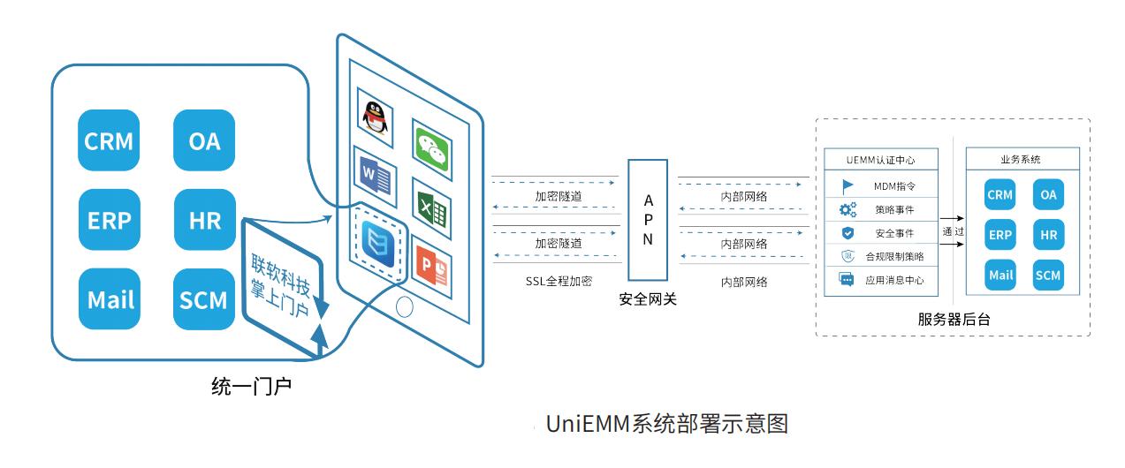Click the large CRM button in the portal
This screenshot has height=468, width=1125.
pyautogui.click(x=109, y=140)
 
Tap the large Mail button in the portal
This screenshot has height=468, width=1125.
pyautogui.click(x=110, y=299)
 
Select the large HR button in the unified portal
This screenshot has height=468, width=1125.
pyautogui.click(x=205, y=220)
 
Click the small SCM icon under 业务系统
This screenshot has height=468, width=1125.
pyautogui.click(x=1048, y=275)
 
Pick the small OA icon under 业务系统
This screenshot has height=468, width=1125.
pyautogui.click(x=1048, y=194)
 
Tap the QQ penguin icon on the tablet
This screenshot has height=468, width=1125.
pyautogui.click(x=376, y=117)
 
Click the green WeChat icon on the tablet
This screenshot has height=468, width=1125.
pyautogui.click(x=432, y=149)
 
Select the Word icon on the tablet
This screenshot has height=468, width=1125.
pyautogui.click(x=376, y=177)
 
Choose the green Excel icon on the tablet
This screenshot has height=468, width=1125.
pyautogui.click(x=431, y=208)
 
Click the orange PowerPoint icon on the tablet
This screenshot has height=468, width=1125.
pyautogui.click(x=431, y=267)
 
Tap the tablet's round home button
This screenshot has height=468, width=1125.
pyautogui.click(x=404, y=307)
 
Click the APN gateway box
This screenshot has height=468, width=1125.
pyautogui.click(x=648, y=220)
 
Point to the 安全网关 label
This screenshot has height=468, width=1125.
pyautogui.click(x=648, y=299)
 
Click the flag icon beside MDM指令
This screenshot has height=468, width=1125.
pyautogui.click(x=848, y=186)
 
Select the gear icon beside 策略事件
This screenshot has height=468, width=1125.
pyautogui.click(x=848, y=209)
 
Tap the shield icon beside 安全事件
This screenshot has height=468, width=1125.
pyautogui.click(x=848, y=233)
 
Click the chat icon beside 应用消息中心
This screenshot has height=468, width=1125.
pyautogui.click(x=847, y=279)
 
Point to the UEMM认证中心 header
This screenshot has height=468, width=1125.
pyautogui.click(x=881, y=160)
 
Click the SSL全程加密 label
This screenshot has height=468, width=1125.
pyautogui.click(x=559, y=281)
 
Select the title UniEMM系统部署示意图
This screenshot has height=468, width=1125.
pyautogui.click(x=667, y=424)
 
